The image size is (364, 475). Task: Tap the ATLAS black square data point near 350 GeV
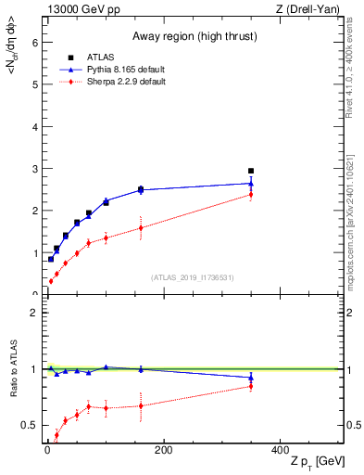click(251, 171)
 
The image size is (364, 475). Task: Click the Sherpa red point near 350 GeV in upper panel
click(251, 194)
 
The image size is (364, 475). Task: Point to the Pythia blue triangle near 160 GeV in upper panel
click(141, 189)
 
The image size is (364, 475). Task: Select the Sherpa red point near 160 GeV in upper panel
click(141, 227)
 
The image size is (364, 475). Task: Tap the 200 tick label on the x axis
click(163, 450)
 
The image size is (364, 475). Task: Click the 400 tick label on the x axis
click(280, 450)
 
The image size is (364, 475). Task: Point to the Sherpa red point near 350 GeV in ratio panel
click(251, 386)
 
